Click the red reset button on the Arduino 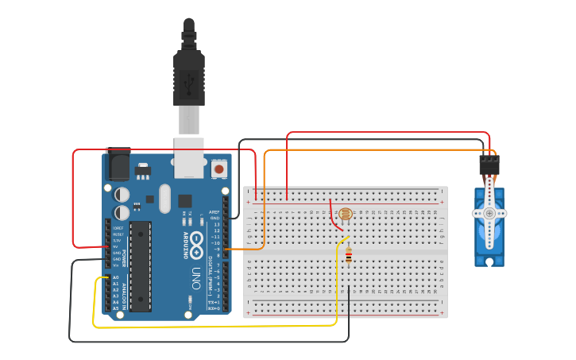click(218, 168)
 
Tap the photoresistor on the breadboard click(345, 214)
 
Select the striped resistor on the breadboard click(348, 255)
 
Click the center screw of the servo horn click(489, 213)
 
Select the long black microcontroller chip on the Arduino click(141, 266)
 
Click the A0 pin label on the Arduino click(115, 277)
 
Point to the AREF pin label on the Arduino click(214, 212)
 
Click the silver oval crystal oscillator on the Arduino click(164, 199)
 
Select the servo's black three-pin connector click(489, 165)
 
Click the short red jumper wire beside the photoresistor click(334, 213)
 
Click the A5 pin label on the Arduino click(115, 308)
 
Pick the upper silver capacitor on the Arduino click(122, 194)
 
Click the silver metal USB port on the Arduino click(189, 157)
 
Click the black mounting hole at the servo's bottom click(489, 262)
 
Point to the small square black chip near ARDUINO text click(184, 201)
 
